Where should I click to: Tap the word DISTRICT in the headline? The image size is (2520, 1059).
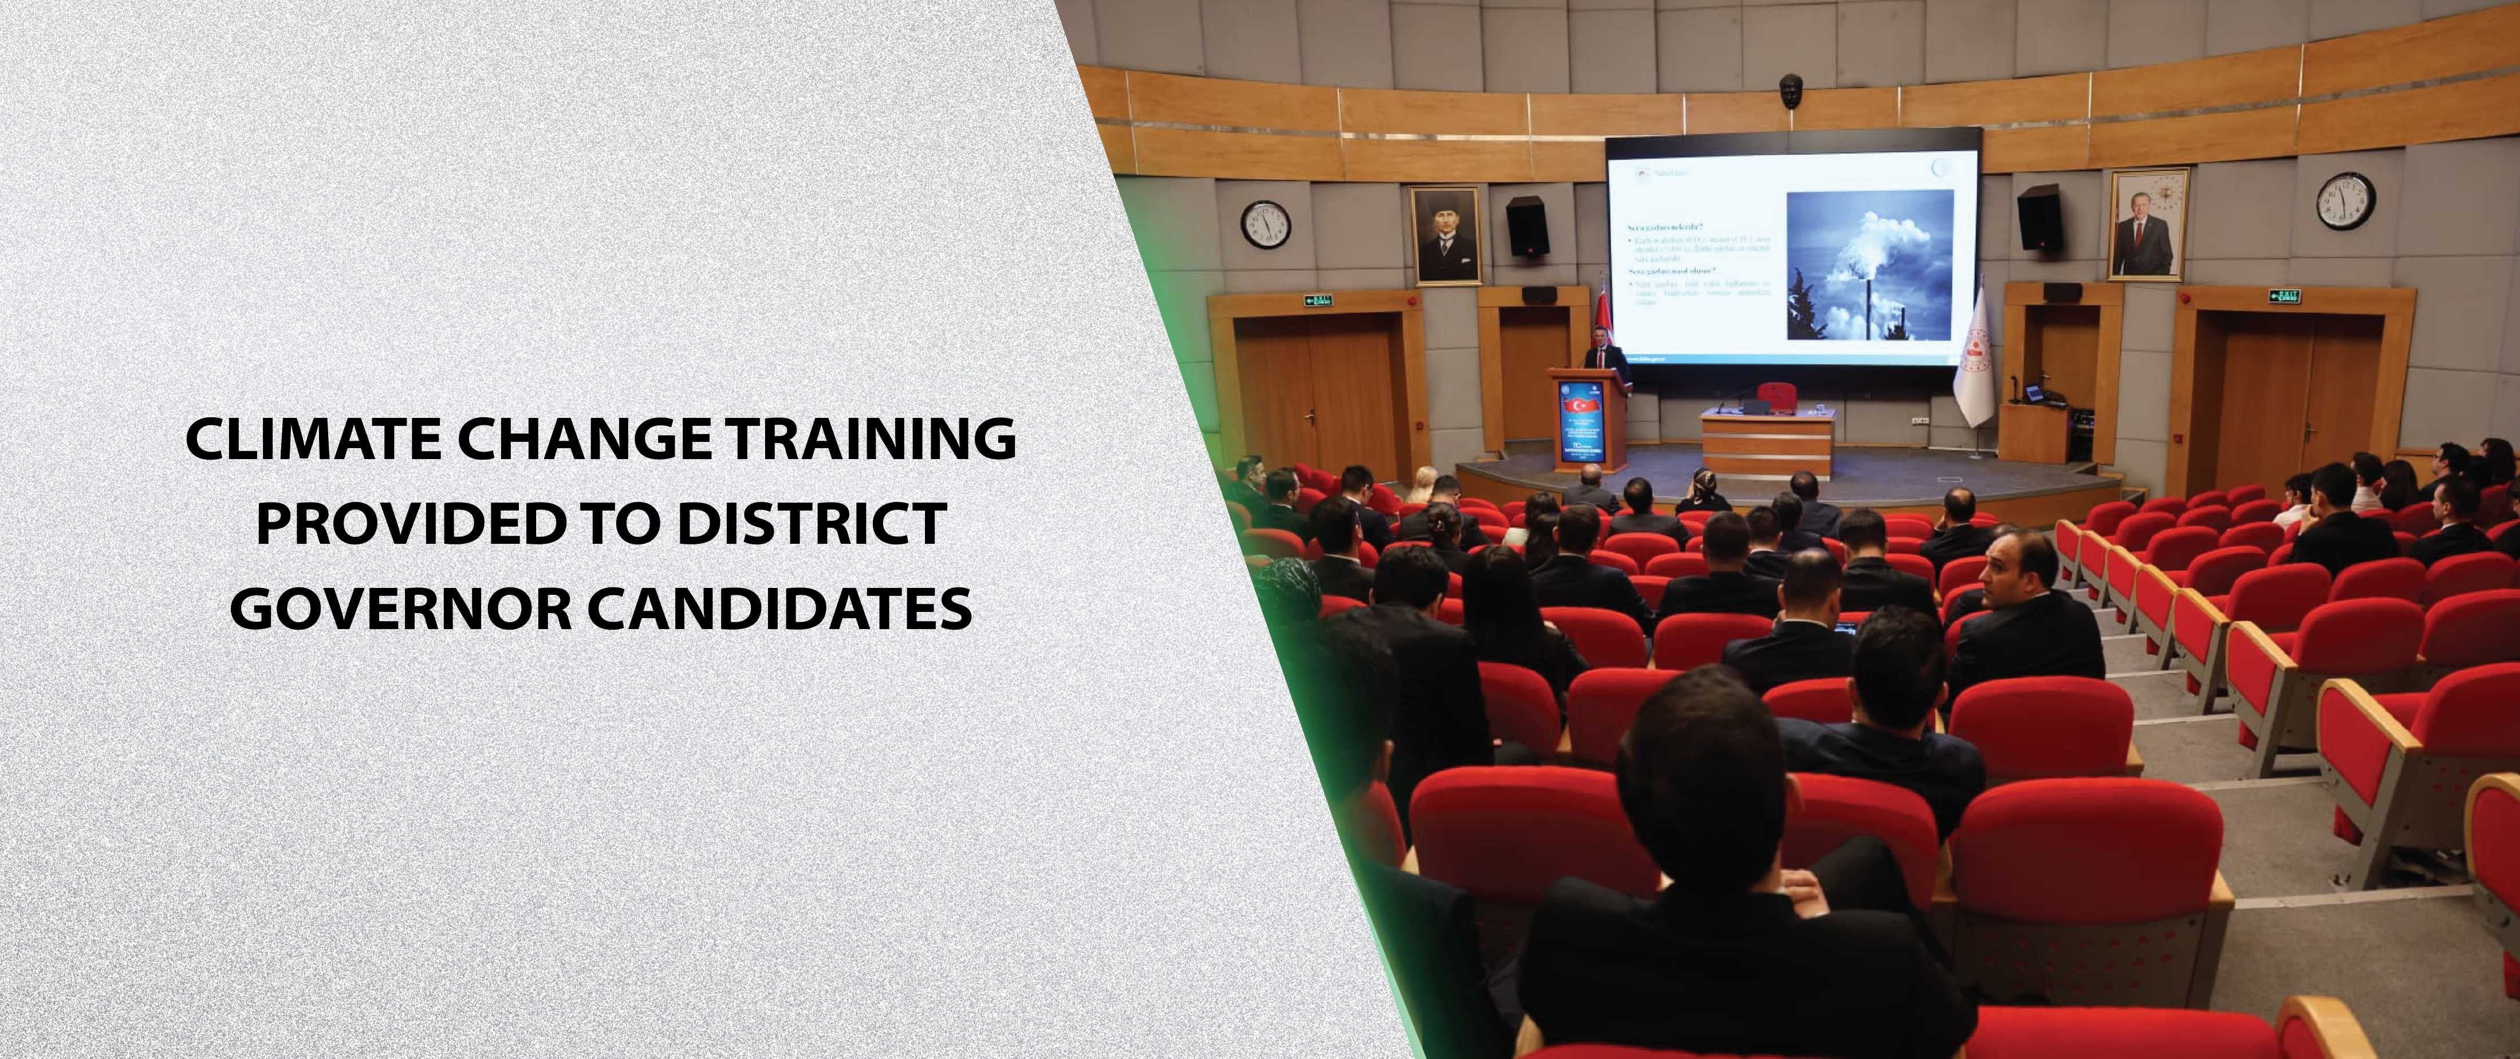(811, 524)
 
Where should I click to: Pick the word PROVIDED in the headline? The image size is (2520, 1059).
(411, 524)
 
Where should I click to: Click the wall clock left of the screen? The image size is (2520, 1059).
(1266, 224)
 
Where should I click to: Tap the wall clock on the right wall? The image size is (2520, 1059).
(2345, 201)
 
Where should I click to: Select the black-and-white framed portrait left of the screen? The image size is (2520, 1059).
(1445, 236)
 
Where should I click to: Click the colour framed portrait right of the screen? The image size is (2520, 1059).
(2147, 226)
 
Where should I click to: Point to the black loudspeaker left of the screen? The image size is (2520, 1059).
(1526, 226)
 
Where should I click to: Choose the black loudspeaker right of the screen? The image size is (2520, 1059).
(2039, 216)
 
